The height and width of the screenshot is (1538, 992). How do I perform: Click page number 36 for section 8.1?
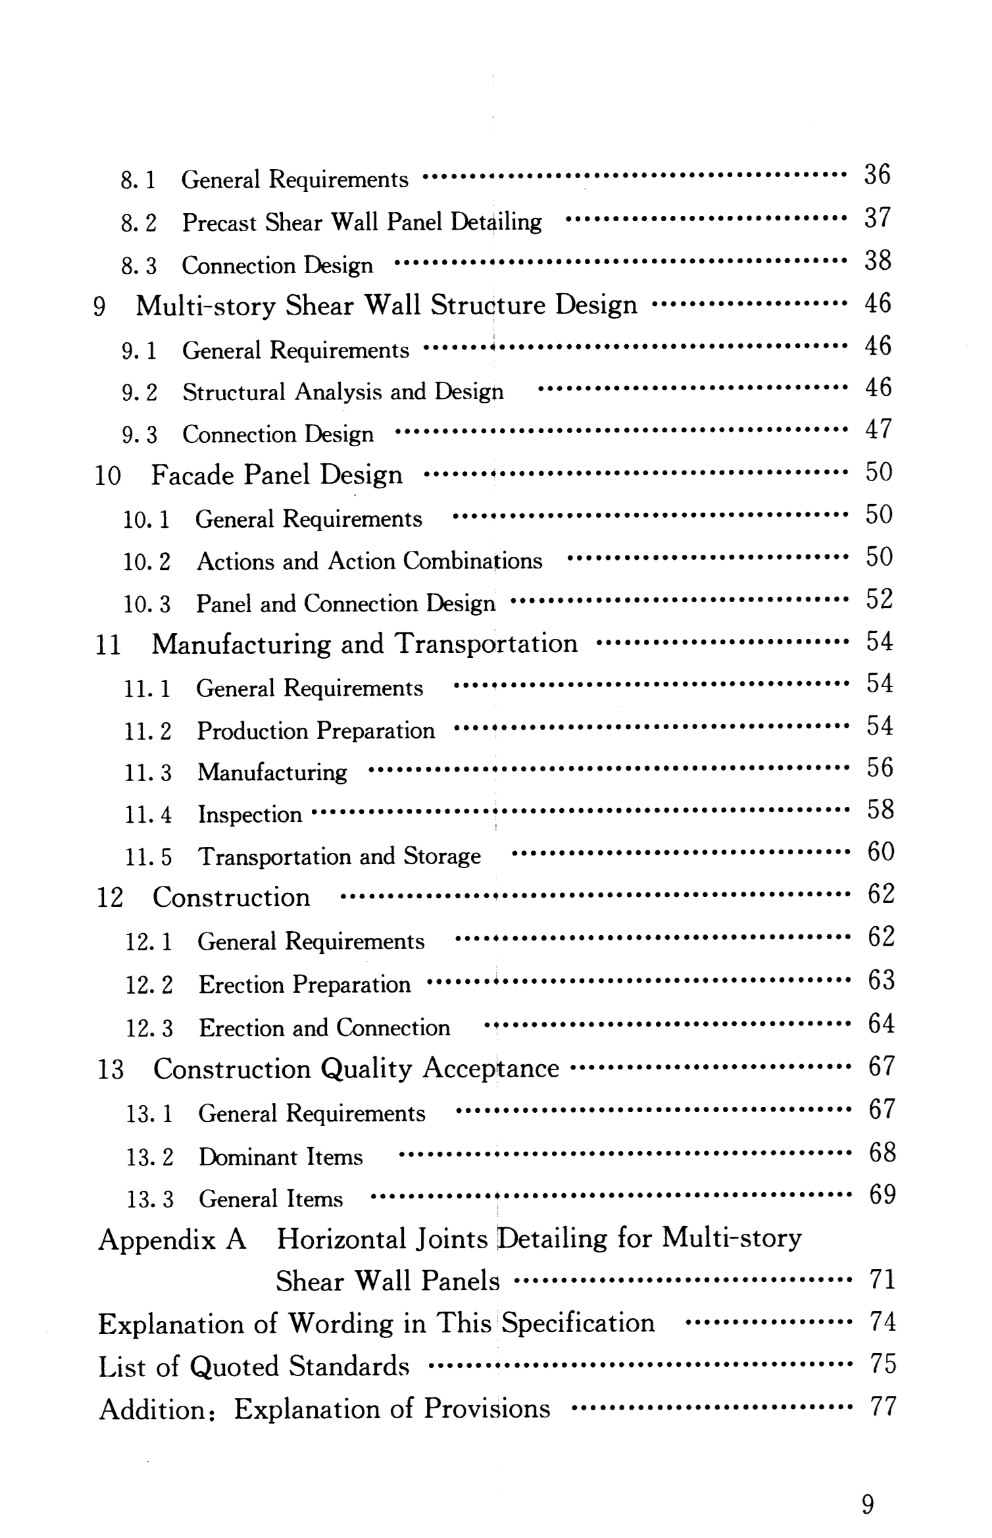[877, 175]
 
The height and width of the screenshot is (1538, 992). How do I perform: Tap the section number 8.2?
[139, 223]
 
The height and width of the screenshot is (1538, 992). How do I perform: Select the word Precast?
[219, 222]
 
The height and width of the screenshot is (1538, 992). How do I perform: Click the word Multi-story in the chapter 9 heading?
[205, 305]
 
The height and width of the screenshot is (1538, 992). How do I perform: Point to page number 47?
[878, 430]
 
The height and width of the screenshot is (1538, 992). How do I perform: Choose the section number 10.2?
[147, 562]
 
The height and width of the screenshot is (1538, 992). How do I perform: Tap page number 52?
[879, 600]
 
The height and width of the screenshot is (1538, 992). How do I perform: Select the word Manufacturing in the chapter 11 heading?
[241, 644]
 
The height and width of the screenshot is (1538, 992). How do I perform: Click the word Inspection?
[250, 815]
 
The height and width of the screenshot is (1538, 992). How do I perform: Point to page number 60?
[881, 852]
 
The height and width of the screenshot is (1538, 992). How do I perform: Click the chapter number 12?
[110, 898]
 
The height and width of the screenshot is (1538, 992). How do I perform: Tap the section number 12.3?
[149, 1028]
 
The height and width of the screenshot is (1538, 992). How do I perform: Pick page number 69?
[882, 1194]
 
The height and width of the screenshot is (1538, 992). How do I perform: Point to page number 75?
[883, 1364]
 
